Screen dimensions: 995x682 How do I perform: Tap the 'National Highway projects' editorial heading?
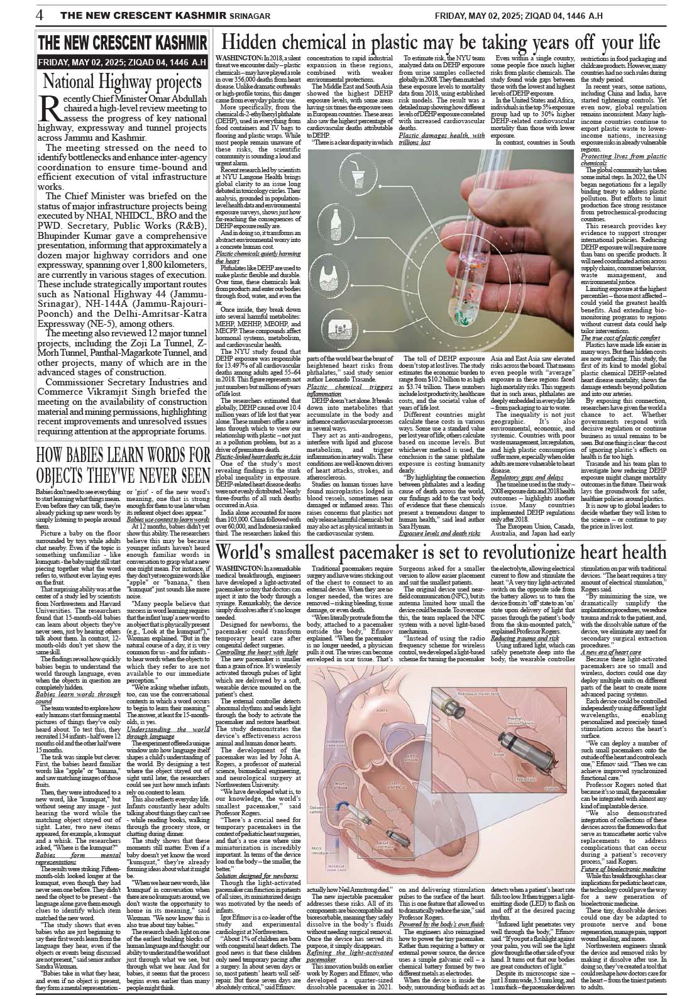121,82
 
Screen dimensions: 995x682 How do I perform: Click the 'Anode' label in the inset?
500,753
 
